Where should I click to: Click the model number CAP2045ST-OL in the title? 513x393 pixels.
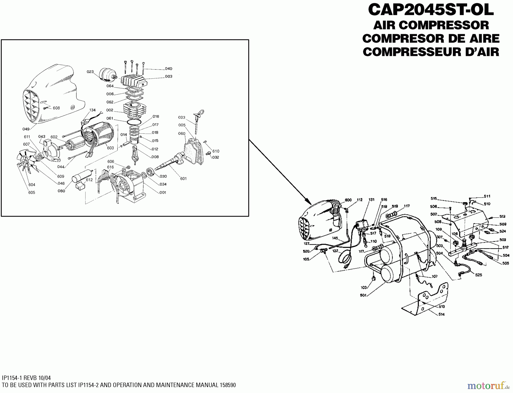coord(431,10)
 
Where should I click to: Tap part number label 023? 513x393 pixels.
coord(90,72)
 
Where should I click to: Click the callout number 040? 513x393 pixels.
coord(168,69)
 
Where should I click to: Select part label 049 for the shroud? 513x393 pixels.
coord(26,129)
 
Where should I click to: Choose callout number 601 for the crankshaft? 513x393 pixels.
coord(183,179)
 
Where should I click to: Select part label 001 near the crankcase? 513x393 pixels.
coord(163,193)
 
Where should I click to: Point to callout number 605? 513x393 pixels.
coord(32,193)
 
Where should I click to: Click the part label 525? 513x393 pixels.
coord(479,275)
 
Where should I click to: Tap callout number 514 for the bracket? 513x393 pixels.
coord(441,314)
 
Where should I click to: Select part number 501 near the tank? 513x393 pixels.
coord(363,295)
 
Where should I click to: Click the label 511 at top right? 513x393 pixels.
coord(487,196)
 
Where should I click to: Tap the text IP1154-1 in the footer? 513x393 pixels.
coord(12,378)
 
